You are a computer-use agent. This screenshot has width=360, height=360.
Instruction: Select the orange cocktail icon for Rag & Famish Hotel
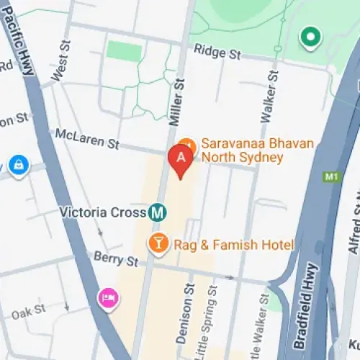(x=158, y=244)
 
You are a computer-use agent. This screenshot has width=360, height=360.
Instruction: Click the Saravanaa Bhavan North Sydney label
(x=257, y=150)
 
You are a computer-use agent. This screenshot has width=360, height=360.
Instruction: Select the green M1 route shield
(x=331, y=176)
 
